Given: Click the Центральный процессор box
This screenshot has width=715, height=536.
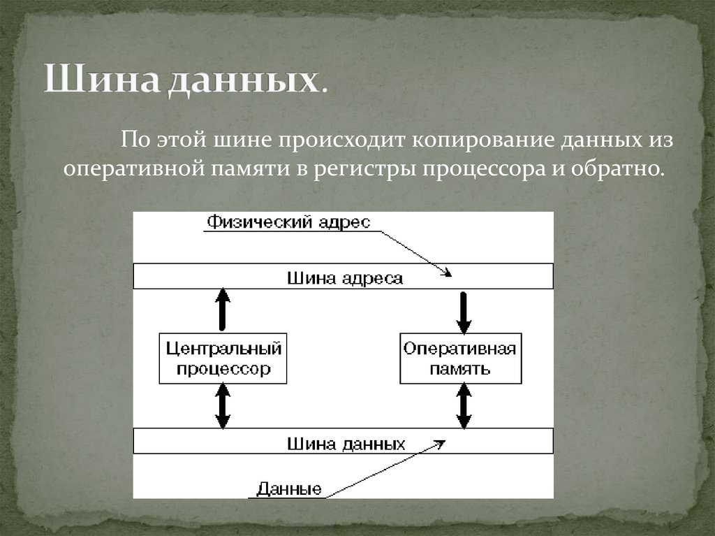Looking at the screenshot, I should tap(223, 358).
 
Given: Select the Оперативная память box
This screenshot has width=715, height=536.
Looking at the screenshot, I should tap(460, 358).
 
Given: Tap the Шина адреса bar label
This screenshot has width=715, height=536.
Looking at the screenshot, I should tap(344, 277).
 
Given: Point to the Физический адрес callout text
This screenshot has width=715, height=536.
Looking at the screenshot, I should tap(288, 222).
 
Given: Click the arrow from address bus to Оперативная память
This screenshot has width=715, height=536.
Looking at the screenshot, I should tap(464, 312).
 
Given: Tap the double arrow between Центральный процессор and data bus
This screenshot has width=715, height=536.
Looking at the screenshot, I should tap(223, 406).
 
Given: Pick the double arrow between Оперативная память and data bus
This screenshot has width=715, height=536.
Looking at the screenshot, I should tap(464, 406).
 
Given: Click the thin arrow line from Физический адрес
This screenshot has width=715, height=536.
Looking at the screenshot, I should tap(412, 249).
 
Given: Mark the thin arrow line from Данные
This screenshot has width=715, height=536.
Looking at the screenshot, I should tap(384, 468).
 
